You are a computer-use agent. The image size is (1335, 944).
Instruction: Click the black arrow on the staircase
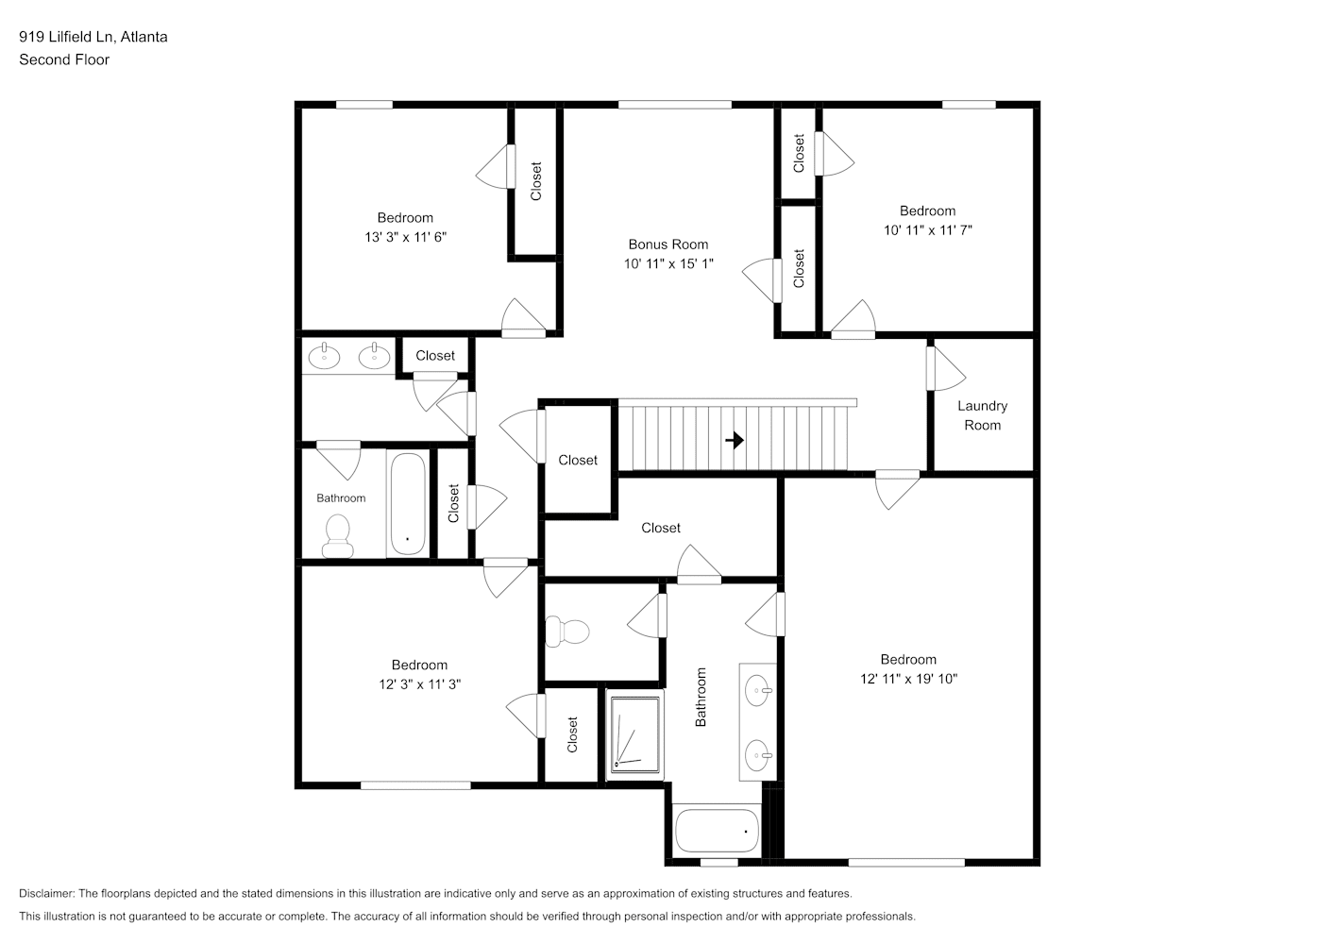(735, 441)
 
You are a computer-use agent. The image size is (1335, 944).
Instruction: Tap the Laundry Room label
(982, 415)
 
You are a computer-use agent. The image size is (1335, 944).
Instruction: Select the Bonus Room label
(668, 244)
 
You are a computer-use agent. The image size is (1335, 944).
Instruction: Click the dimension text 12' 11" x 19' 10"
(908, 678)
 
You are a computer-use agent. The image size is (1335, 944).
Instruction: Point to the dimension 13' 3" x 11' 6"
(405, 237)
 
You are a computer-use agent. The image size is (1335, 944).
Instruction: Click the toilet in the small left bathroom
(336, 536)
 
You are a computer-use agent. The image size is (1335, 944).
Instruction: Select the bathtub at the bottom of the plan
(717, 831)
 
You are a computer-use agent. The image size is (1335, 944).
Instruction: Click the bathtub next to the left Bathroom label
(408, 504)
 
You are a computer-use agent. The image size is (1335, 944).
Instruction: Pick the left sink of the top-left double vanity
(324, 356)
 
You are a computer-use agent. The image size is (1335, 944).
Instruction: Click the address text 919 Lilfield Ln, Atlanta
(93, 37)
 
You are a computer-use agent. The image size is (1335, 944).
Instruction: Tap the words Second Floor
(64, 59)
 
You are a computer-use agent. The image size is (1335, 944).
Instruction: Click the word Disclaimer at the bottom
(46, 893)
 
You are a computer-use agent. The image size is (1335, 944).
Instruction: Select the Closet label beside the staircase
(578, 460)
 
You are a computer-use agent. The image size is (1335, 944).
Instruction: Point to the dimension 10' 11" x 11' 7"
(927, 230)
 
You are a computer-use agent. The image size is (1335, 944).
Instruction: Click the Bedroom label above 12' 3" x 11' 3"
(419, 665)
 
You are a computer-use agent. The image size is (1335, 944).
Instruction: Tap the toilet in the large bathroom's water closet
(566, 632)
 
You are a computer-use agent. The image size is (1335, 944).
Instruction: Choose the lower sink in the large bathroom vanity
(758, 756)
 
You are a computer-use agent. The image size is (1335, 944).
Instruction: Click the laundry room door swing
(946, 368)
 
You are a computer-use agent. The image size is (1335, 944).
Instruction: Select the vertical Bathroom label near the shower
(701, 697)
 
